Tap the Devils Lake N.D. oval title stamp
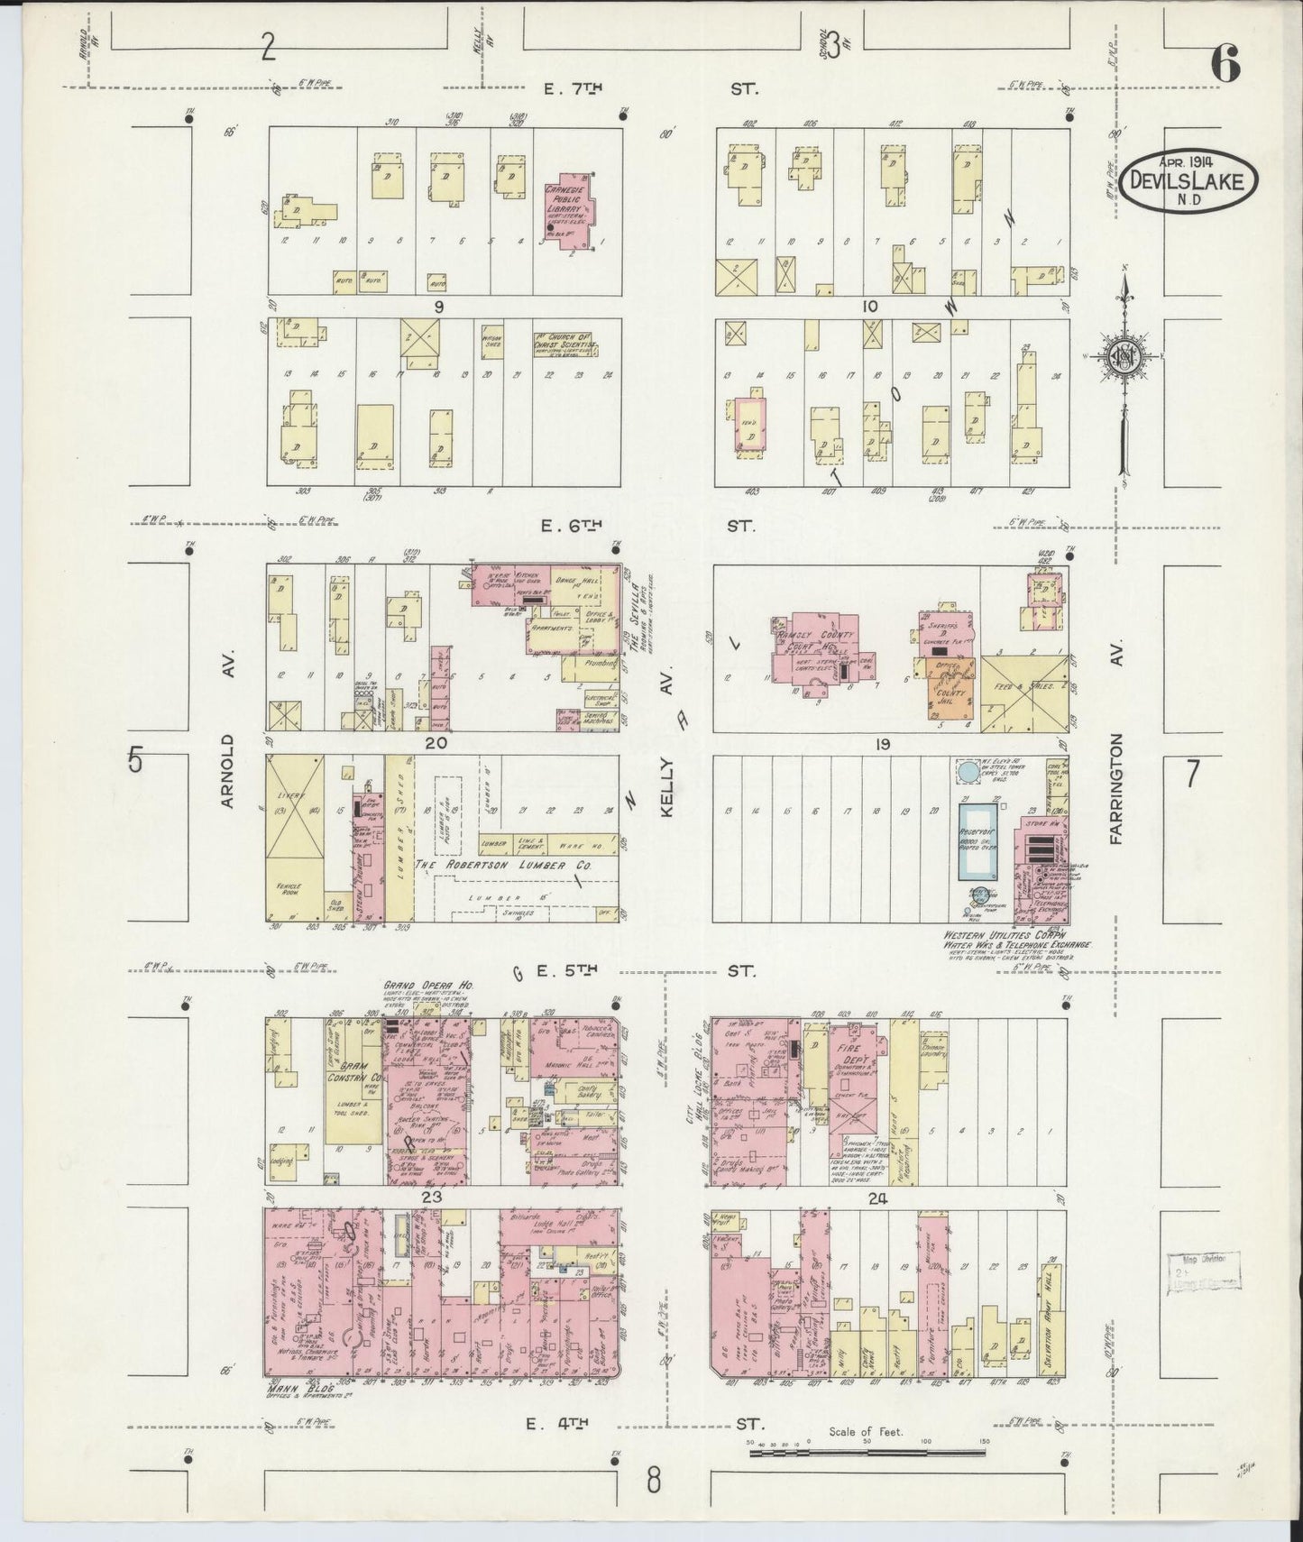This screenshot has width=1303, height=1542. [x=1190, y=179]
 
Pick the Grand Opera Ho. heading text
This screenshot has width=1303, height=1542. [x=428, y=987]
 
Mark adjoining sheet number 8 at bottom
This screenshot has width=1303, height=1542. [x=653, y=1479]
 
